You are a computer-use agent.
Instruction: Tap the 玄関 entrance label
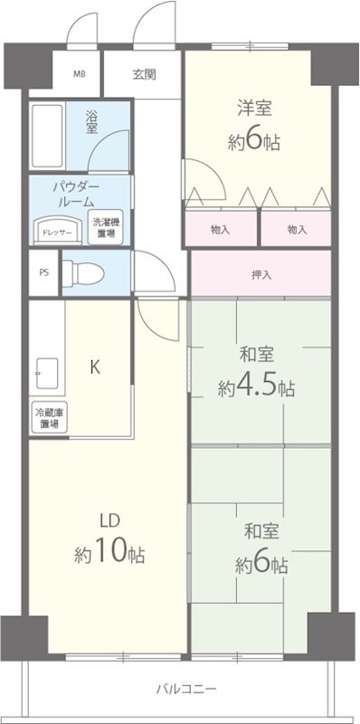(144, 74)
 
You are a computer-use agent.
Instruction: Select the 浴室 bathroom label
(91, 121)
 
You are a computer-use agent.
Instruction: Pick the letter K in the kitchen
(94, 367)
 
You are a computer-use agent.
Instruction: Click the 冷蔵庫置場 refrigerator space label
(48, 418)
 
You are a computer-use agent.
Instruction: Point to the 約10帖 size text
(109, 553)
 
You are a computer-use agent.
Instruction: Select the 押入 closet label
(260, 274)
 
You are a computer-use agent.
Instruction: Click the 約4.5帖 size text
(256, 387)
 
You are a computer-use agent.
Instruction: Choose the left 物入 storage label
(219, 230)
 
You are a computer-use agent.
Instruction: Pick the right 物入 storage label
(297, 230)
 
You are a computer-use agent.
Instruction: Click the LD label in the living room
(109, 519)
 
